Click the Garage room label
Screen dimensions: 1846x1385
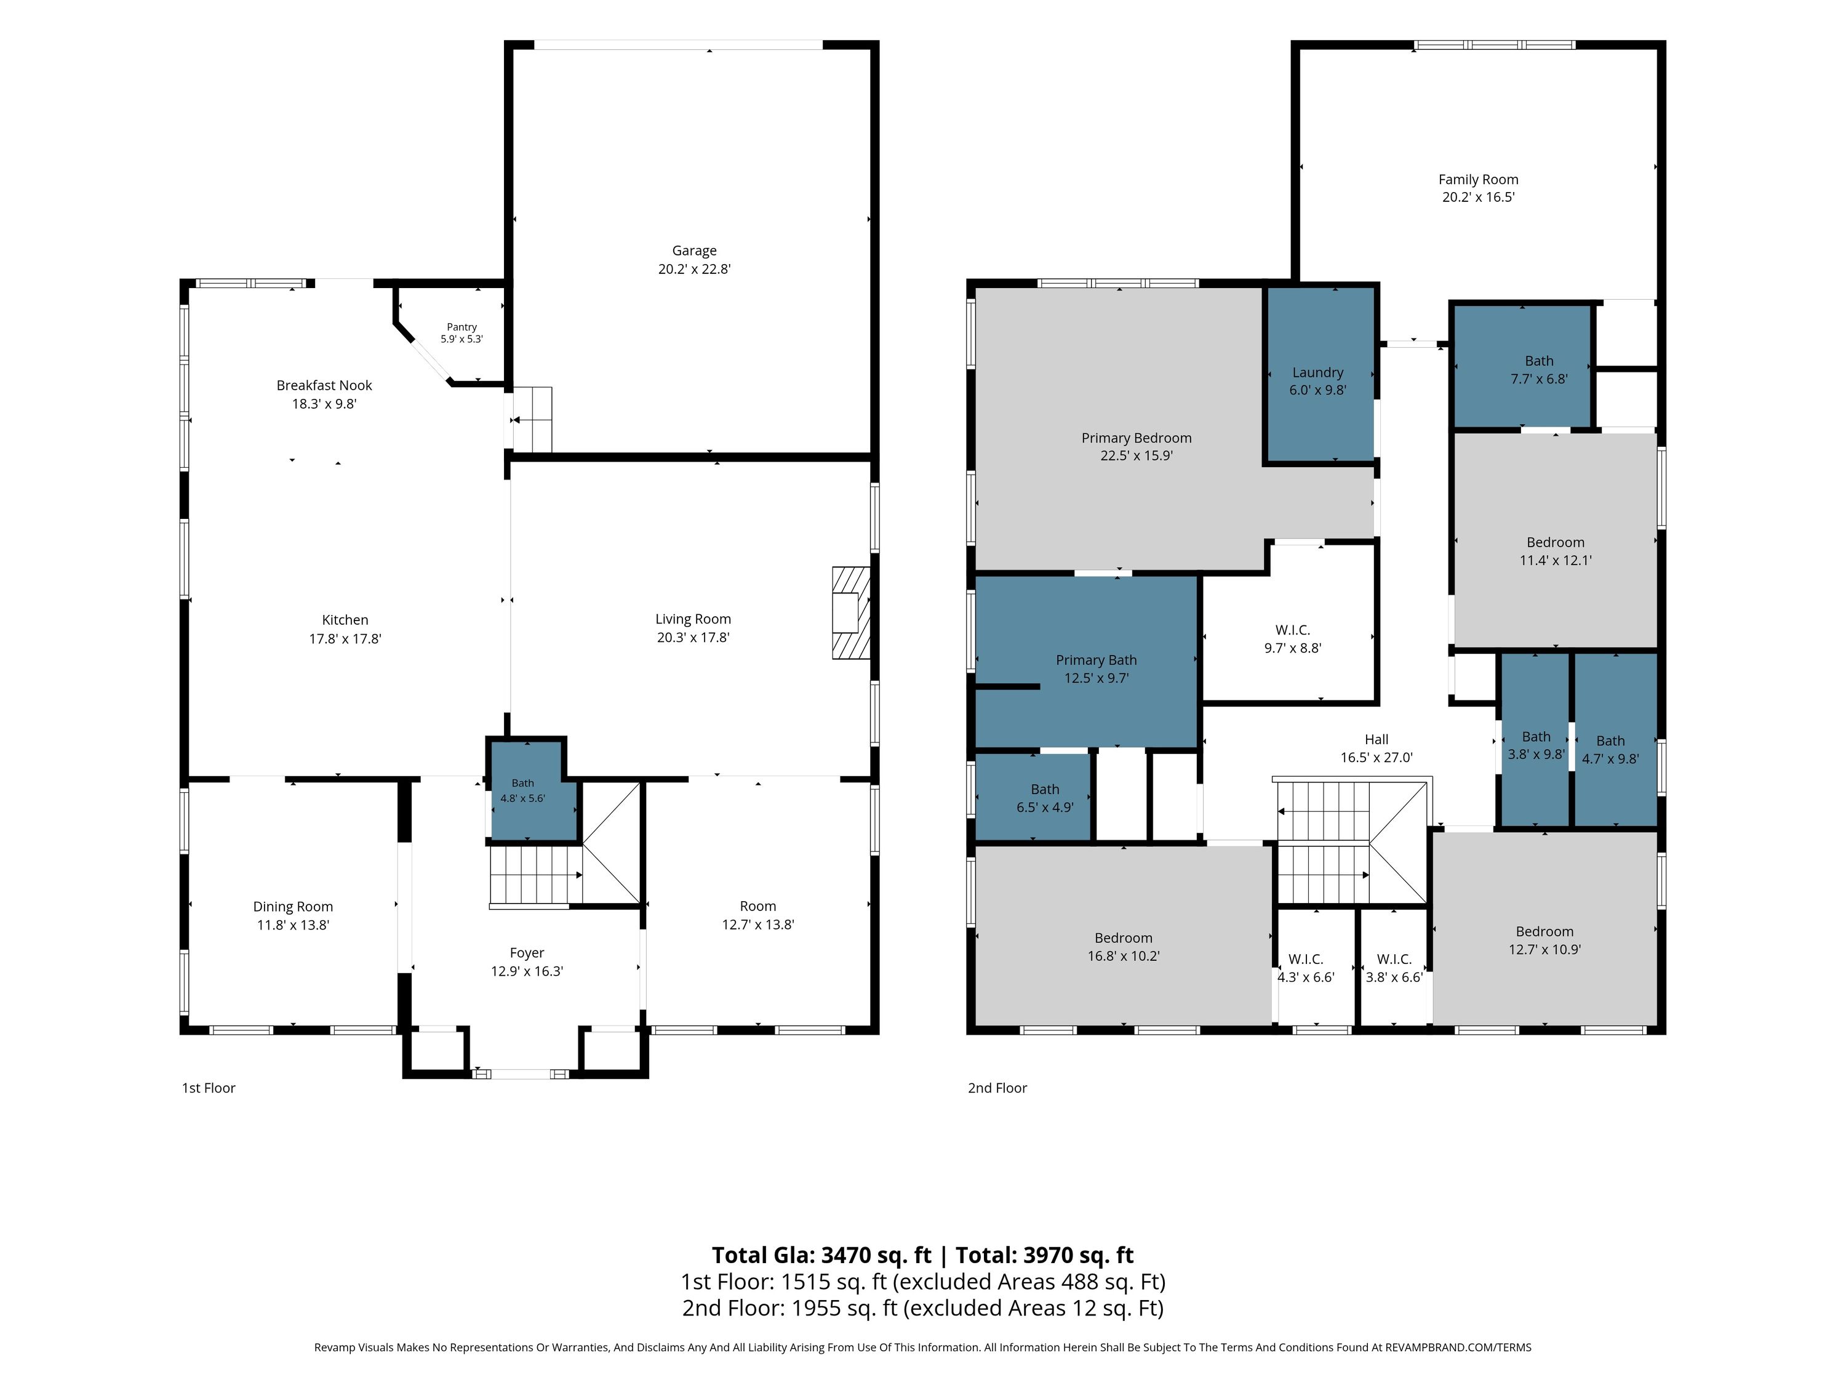tap(694, 251)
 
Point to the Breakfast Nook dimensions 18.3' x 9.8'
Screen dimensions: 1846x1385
tap(324, 404)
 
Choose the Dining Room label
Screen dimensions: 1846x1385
tap(293, 907)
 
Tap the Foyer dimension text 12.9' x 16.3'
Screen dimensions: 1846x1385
tap(527, 971)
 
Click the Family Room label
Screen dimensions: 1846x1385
tap(1478, 180)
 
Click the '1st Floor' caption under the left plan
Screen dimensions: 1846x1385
tap(209, 1088)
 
